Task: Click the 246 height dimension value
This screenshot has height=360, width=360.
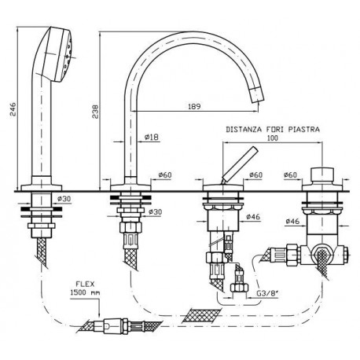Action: click(13, 109)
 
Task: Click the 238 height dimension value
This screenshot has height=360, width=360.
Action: click(95, 112)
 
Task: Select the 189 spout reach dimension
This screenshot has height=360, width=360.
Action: click(194, 106)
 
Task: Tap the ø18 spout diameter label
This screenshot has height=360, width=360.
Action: click(152, 137)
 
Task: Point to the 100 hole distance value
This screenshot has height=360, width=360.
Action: click(273, 138)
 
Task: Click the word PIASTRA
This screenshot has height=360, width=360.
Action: click(304, 129)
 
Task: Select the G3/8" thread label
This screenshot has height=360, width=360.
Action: click(266, 293)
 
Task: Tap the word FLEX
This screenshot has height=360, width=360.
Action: click(85, 284)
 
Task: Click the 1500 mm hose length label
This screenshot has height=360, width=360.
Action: click(85, 292)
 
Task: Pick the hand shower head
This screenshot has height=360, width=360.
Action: click(58, 54)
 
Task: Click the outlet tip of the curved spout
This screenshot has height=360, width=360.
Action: click(257, 95)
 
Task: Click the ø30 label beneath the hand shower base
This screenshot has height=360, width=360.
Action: click(64, 199)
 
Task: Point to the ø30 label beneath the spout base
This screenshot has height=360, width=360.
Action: click(155, 211)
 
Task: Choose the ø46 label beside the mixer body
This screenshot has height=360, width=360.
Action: click(253, 216)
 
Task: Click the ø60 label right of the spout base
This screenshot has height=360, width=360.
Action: click(165, 174)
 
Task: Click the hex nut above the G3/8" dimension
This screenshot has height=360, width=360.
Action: click(239, 288)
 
